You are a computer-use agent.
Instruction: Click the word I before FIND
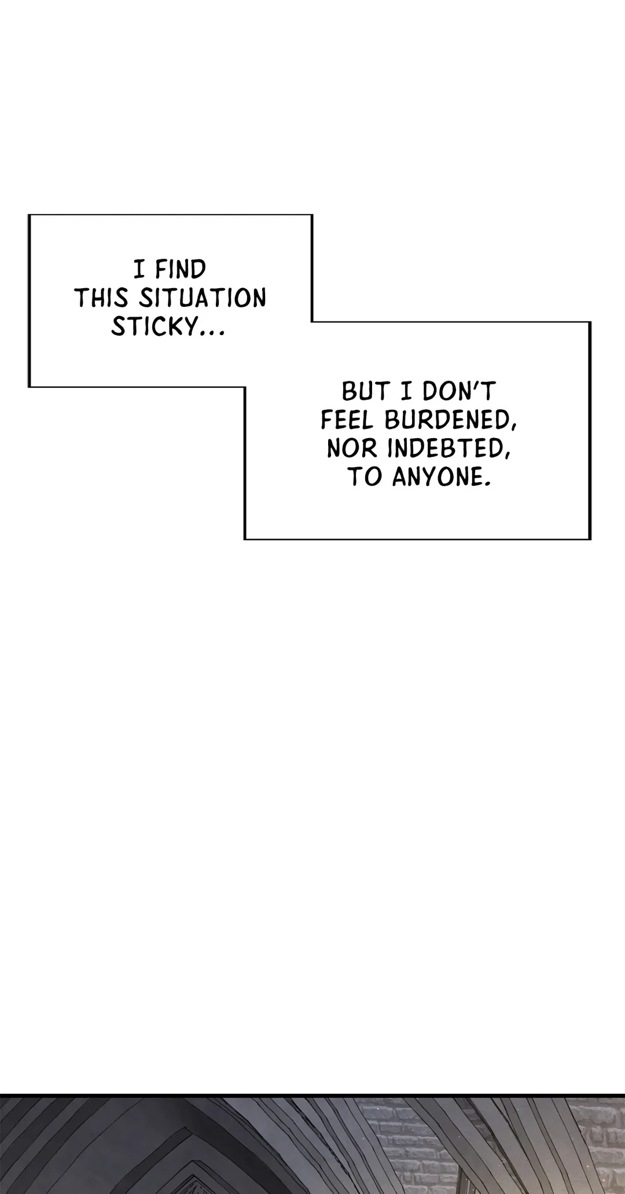139,270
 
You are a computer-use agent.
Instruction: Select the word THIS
101,299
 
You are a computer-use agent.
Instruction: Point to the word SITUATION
203,299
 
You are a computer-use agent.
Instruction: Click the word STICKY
154,327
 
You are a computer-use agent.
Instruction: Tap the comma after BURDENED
514,428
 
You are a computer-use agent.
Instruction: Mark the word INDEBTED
441,450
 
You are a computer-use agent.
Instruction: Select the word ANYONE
435,479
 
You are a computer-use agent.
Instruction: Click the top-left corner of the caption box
30,215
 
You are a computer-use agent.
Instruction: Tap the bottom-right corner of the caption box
590,539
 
